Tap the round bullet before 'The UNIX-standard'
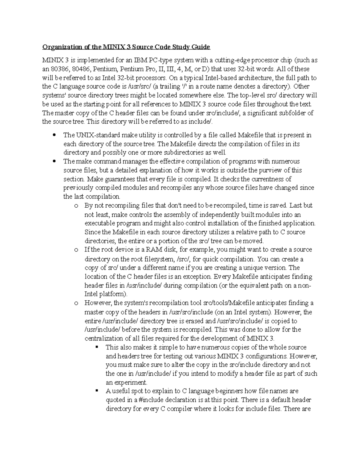coord(54,135)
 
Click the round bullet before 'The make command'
coord(54,161)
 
